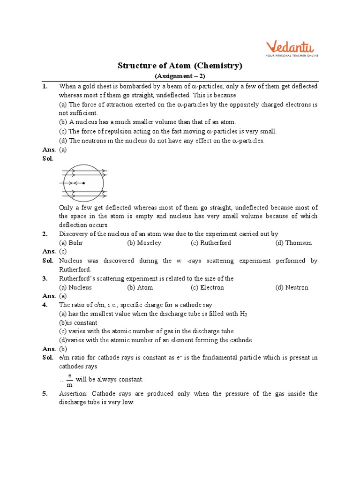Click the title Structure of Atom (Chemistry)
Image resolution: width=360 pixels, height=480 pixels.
click(x=180, y=66)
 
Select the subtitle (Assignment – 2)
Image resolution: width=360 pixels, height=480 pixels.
click(x=180, y=76)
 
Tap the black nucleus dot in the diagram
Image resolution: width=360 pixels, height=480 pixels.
click(x=83, y=183)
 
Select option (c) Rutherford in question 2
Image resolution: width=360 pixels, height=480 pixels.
click(x=210, y=243)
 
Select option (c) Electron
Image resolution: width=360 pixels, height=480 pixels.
click(x=207, y=287)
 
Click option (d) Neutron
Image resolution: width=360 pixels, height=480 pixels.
click(x=292, y=287)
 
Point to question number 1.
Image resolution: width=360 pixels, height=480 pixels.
click(x=45, y=86)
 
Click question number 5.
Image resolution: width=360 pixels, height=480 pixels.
click(x=45, y=394)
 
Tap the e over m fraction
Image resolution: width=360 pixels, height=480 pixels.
click(x=69, y=380)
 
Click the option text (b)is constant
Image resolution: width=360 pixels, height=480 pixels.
click(x=78, y=322)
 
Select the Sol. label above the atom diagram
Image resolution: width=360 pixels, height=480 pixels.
click(x=48, y=158)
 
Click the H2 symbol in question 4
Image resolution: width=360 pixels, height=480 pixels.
click(x=243, y=314)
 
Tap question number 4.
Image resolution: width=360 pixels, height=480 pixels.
click(x=45, y=305)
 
